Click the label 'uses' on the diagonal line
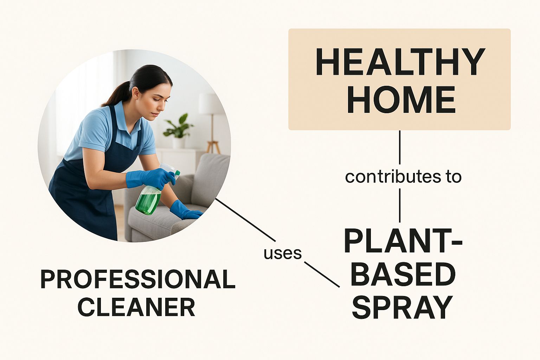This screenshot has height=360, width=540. [283, 254]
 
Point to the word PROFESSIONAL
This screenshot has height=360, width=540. [138, 280]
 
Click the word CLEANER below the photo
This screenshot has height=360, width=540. [136, 307]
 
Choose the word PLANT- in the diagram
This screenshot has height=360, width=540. [403, 242]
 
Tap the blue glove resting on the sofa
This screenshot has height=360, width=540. [185, 210]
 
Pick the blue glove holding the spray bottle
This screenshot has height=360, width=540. [150, 178]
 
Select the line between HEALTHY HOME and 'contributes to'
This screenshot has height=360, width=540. [400, 147]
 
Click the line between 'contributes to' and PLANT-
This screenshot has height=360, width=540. [400, 205]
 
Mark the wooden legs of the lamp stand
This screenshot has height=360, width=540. [213, 147]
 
